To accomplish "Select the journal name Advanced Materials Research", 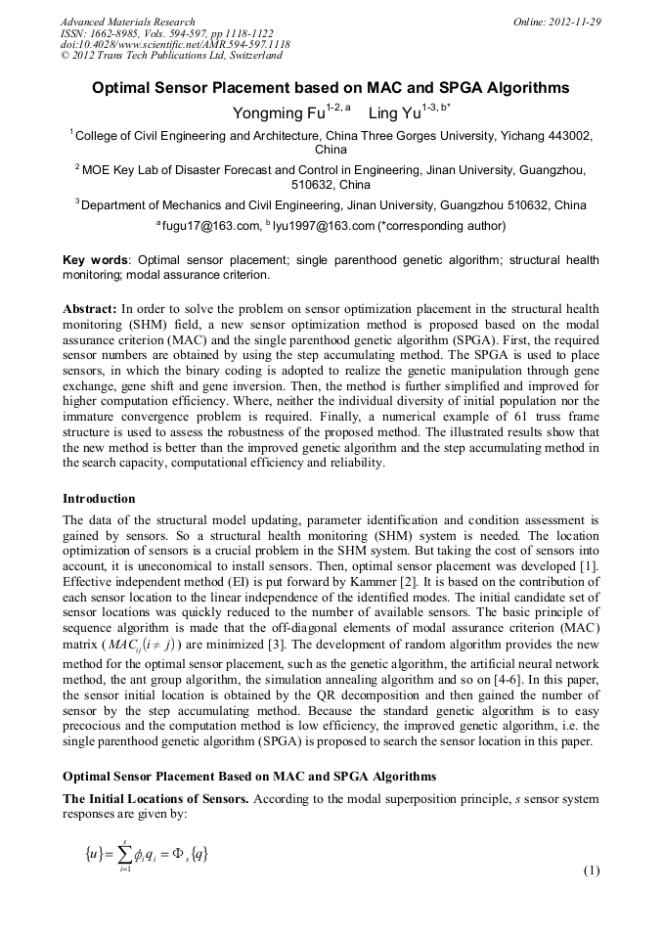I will click(127, 22).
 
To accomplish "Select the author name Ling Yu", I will click(395, 114).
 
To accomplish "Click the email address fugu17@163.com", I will click(210, 227).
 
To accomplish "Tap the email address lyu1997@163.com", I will click(327, 227).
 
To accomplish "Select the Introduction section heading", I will click(99, 499).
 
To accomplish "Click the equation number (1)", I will click(591, 871).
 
